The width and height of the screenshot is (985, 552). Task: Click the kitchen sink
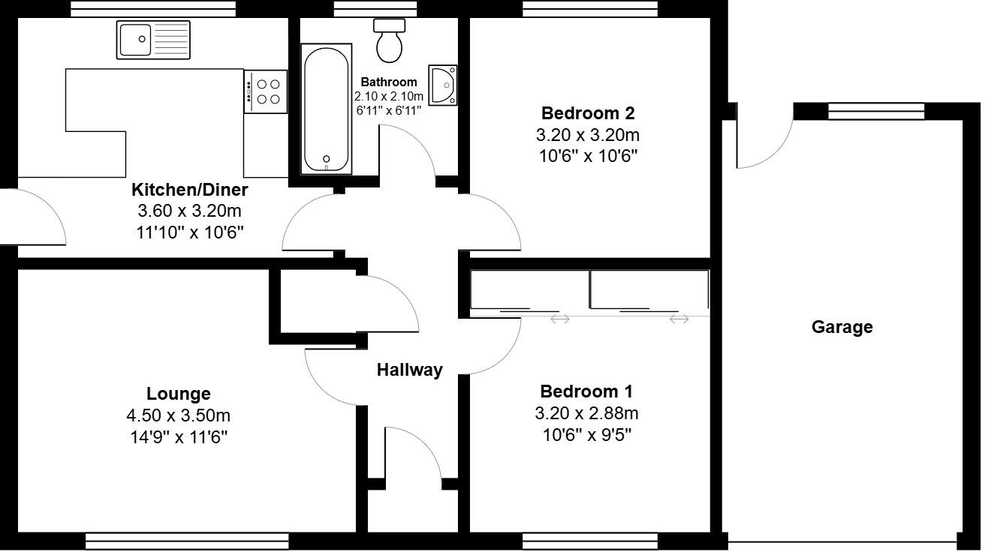[154, 40]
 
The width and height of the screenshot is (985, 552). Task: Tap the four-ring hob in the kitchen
[266, 91]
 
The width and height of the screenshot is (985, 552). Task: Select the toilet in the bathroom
[389, 40]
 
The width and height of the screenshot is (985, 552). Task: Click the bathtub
[326, 109]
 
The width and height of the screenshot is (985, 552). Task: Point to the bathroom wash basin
[444, 85]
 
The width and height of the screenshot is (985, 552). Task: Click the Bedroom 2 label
[588, 113]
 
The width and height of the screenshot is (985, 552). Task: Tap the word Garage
[842, 327]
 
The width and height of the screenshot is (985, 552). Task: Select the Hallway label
[409, 370]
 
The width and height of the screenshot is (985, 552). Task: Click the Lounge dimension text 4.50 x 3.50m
[178, 415]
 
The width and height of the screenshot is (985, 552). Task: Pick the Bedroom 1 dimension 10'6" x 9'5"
[586, 435]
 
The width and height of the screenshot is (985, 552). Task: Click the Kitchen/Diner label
[189, 190]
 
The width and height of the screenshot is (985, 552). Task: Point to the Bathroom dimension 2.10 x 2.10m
[389, 97]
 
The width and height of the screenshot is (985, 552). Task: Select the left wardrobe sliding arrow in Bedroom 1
[560, 319]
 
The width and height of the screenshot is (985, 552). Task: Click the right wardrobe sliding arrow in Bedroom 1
[679, 319]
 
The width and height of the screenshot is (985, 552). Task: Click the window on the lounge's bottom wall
[187, 541]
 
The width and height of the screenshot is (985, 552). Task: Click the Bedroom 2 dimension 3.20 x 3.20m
[588, 135]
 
